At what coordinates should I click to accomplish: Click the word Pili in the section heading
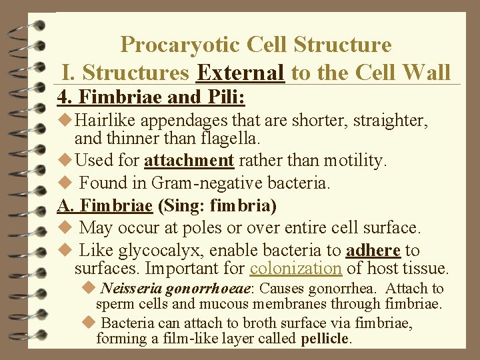225,97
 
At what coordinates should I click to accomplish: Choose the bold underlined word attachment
189,160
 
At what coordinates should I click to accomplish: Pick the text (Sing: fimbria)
217,205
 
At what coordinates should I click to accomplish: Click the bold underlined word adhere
373,251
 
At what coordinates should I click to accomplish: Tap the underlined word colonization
295,269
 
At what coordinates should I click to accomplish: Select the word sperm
114,304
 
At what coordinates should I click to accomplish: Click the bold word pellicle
325,339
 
